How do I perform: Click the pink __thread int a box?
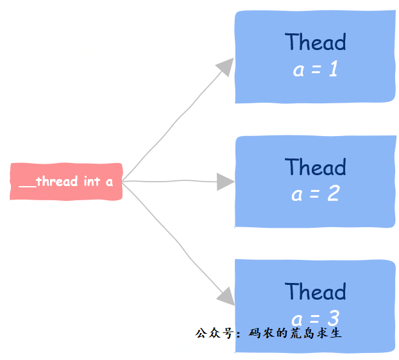tap(66, 182)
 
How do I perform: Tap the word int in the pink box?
tap(92, 182)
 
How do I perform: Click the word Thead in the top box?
tap(315, 42)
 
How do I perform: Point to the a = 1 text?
tap(315, 69)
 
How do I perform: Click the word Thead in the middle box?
tap(315, 167)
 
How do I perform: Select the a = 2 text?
tap(315, 194)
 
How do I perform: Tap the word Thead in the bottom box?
tap(315, 291)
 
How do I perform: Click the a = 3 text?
tap(315, 318)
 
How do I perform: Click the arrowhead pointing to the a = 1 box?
tap(225, 66)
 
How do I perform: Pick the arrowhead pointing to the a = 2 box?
tap(225, 182)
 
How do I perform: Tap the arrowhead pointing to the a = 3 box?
tap(225, 296)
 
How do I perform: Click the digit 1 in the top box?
tap(333, 69)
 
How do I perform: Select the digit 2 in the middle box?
tap(333, 194)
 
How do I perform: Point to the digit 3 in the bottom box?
tap(333, 318)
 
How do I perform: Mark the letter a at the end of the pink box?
tap(110, 182)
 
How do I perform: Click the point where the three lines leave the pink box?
tap(123, 182)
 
